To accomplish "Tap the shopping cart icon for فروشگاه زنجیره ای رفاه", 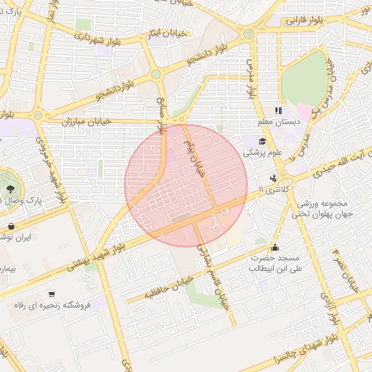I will point(52,294).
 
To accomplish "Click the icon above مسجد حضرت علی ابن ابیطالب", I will point(274,248).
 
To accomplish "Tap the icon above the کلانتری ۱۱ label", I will point(273,178).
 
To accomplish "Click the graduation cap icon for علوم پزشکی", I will point(260,141).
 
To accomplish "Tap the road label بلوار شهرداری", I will point(121,35).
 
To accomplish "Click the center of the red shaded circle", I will point(186,185).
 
